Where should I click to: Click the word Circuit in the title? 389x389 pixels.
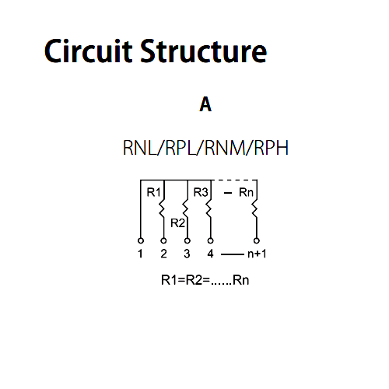[x=88, y=51]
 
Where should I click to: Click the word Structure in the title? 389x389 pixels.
[x=204, y=51]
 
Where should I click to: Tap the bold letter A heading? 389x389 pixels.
[x=205, y=104]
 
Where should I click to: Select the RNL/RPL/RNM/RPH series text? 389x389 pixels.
[x=205, y=148]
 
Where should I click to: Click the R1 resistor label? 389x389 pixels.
[x=153, y=192]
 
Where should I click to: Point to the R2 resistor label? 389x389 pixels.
[x=177, y=223]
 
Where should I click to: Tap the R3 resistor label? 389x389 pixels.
[x=201, y=192]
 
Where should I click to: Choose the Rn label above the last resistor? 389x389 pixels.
[x=246, y=192]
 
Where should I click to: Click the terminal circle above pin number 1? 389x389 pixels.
[x=141, y=240]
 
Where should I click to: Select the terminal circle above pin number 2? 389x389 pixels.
[x=163, y=240]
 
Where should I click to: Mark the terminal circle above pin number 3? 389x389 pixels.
[x=187, y=240]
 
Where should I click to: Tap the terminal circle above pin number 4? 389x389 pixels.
[x=211, y=240]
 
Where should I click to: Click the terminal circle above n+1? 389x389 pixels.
[x=257, y=240]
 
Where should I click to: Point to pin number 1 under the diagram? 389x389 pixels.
[x=140, y=254]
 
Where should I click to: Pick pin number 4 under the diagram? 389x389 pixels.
[x=210, y=254]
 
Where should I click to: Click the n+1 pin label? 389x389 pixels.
[x=257, y=254]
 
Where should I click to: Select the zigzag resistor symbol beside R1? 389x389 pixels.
[x=162, y=209]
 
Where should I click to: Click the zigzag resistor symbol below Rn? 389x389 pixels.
[x=254, y=209]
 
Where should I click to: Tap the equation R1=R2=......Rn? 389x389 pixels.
[x=205, y=280]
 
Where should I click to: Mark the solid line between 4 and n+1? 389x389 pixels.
[x=233, y=254]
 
